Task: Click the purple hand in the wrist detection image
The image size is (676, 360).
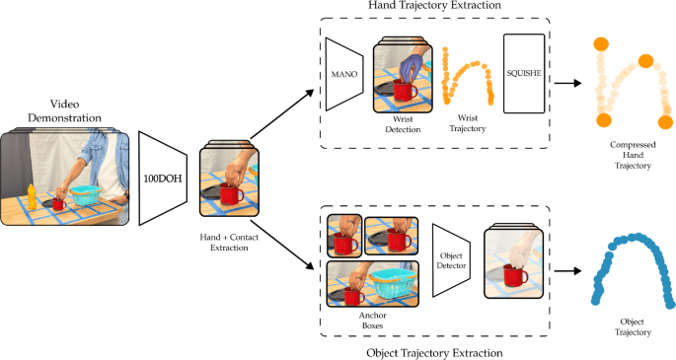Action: pos(414,68)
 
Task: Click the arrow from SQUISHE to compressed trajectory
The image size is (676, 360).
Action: pos(566,83)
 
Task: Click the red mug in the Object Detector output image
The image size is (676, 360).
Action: pos(514,278)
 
